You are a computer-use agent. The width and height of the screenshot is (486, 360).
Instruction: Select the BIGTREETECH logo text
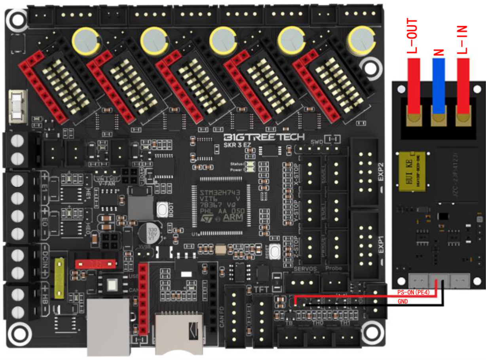[x=264, y=138]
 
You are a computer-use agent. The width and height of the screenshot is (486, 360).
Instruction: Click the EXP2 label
[x=381, y=172]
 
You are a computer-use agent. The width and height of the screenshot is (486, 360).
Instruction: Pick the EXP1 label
[x=381, y=245]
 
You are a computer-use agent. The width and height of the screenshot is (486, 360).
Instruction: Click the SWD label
[x=317, y=142]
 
